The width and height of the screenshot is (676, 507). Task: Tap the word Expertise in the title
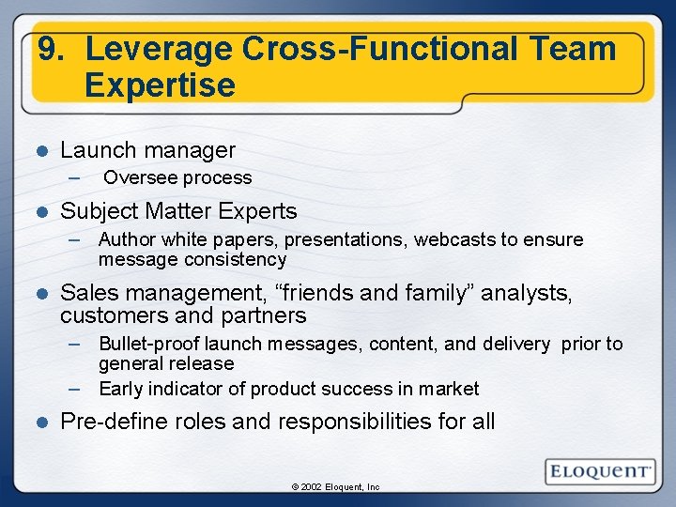click(160, 85)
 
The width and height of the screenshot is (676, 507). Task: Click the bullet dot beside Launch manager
click(40, 150)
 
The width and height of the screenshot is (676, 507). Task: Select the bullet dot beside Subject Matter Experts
click(40, 212)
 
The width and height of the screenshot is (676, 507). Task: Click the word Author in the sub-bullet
click(126, 239)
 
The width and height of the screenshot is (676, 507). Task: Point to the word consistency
click(235, 259)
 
